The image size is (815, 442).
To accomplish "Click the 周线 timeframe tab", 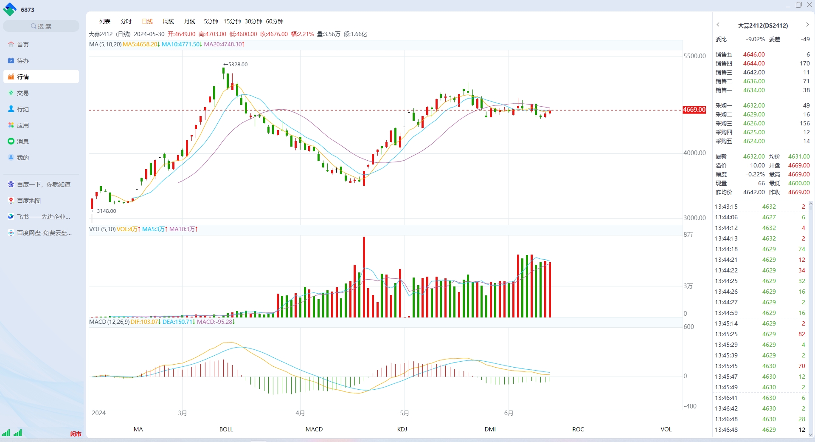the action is click(169, 21).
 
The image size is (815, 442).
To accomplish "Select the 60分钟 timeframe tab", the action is click(275, 21).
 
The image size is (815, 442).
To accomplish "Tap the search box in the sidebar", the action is click(41, 26).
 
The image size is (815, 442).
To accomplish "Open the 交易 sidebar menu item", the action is click(22, 93).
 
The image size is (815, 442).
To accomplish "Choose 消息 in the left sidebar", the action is click(22, 142).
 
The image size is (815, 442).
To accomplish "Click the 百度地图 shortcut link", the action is click(28, 201).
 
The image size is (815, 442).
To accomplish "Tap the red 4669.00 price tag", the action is click(694, 110).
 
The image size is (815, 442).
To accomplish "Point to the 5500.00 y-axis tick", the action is click(694, 56).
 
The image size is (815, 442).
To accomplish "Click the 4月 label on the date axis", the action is click(300, 413).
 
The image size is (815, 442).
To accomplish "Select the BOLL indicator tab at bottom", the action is click(226, 429).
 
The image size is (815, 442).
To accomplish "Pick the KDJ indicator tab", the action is click(402, 429).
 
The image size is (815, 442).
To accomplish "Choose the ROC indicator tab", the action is click(578, 429).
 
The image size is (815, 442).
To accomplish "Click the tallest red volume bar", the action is click(364, 277).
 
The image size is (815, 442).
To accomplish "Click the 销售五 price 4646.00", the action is click(754, 54).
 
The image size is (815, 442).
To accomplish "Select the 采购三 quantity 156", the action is click(805, 123).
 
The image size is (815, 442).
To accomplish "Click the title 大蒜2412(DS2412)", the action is click(763, 25).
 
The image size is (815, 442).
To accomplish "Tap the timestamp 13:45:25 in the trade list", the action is click(726, 334).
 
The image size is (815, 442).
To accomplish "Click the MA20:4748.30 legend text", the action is click(224, 44).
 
